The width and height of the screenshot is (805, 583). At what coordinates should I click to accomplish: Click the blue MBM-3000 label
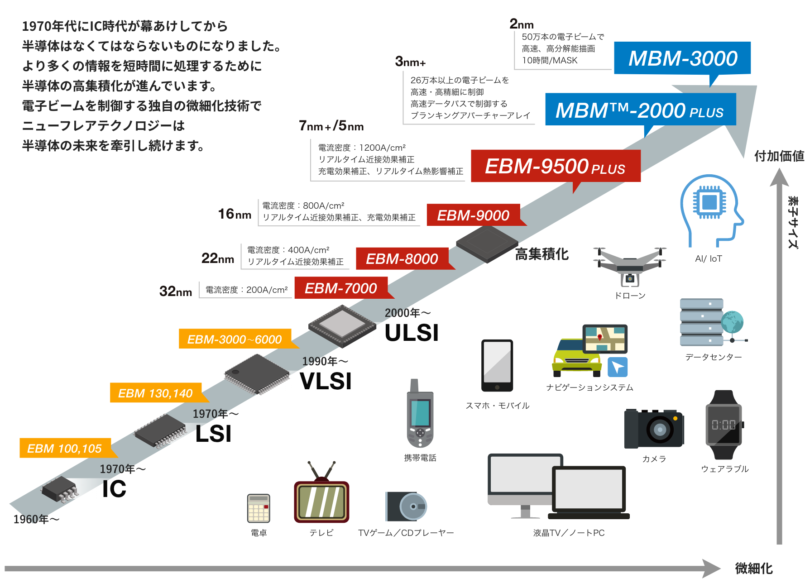click(x=682, y=58)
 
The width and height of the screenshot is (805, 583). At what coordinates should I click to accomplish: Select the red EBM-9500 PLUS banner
click(x=555, y=166)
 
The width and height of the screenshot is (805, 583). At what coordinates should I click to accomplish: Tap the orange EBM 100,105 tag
click(x=65, y=448)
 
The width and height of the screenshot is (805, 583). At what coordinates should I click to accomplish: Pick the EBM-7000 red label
click(x=340, y=288)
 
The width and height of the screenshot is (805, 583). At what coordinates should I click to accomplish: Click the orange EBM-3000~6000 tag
click(x=235, y=339)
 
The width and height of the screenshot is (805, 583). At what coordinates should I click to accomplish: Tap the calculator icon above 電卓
click(x=259, y=508)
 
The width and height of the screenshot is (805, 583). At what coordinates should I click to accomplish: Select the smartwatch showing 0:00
click(x=724, y=425)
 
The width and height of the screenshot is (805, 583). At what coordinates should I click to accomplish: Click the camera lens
click(x=660, y=429)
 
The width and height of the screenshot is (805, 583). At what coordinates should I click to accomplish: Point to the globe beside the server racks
click(x=733, y=323)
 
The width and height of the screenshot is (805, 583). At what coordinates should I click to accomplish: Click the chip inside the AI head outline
click(x=709, y=202)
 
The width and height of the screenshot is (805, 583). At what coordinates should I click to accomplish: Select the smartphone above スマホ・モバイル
click(x=497, y=366)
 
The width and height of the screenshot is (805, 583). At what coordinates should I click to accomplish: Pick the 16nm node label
click(x=235, y=214)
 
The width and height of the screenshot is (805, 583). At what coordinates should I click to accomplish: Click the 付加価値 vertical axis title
click(x=779, y=156)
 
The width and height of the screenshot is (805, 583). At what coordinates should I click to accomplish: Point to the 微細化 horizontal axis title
click(x=753, y=568)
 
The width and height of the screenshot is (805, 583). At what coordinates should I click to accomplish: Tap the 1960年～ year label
click(x=36, y=519)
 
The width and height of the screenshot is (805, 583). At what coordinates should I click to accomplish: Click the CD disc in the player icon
click(x=413, y=506)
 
